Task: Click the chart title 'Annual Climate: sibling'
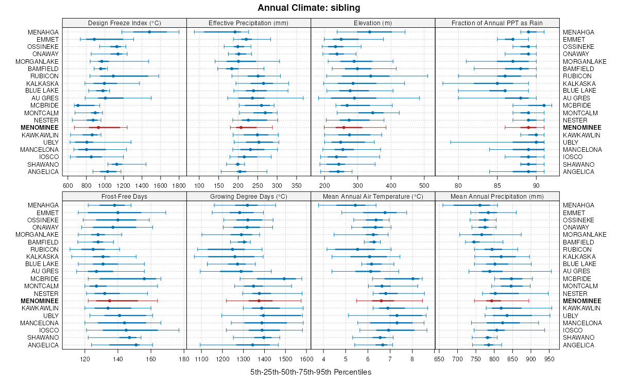pyautogui.click(x=309, y=8)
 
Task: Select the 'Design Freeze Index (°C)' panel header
pyautogui.click(x=124, y=23)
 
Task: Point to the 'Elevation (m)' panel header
pyautogui.click(x=373, y=23)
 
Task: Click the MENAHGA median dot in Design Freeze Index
pyautogui.click(x=149, y=32)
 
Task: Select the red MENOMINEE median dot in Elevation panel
pyautogui.click(x=344, y=127)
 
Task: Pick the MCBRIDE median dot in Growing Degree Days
pyautogui.click(x=284, y=278)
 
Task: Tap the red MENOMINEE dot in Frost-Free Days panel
pyautogui.click(x=110, y=301)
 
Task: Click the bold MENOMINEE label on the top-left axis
pyautogui.click(x=40, y=127)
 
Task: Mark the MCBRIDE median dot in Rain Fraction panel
pyautogui.click(x=544, y=105)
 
